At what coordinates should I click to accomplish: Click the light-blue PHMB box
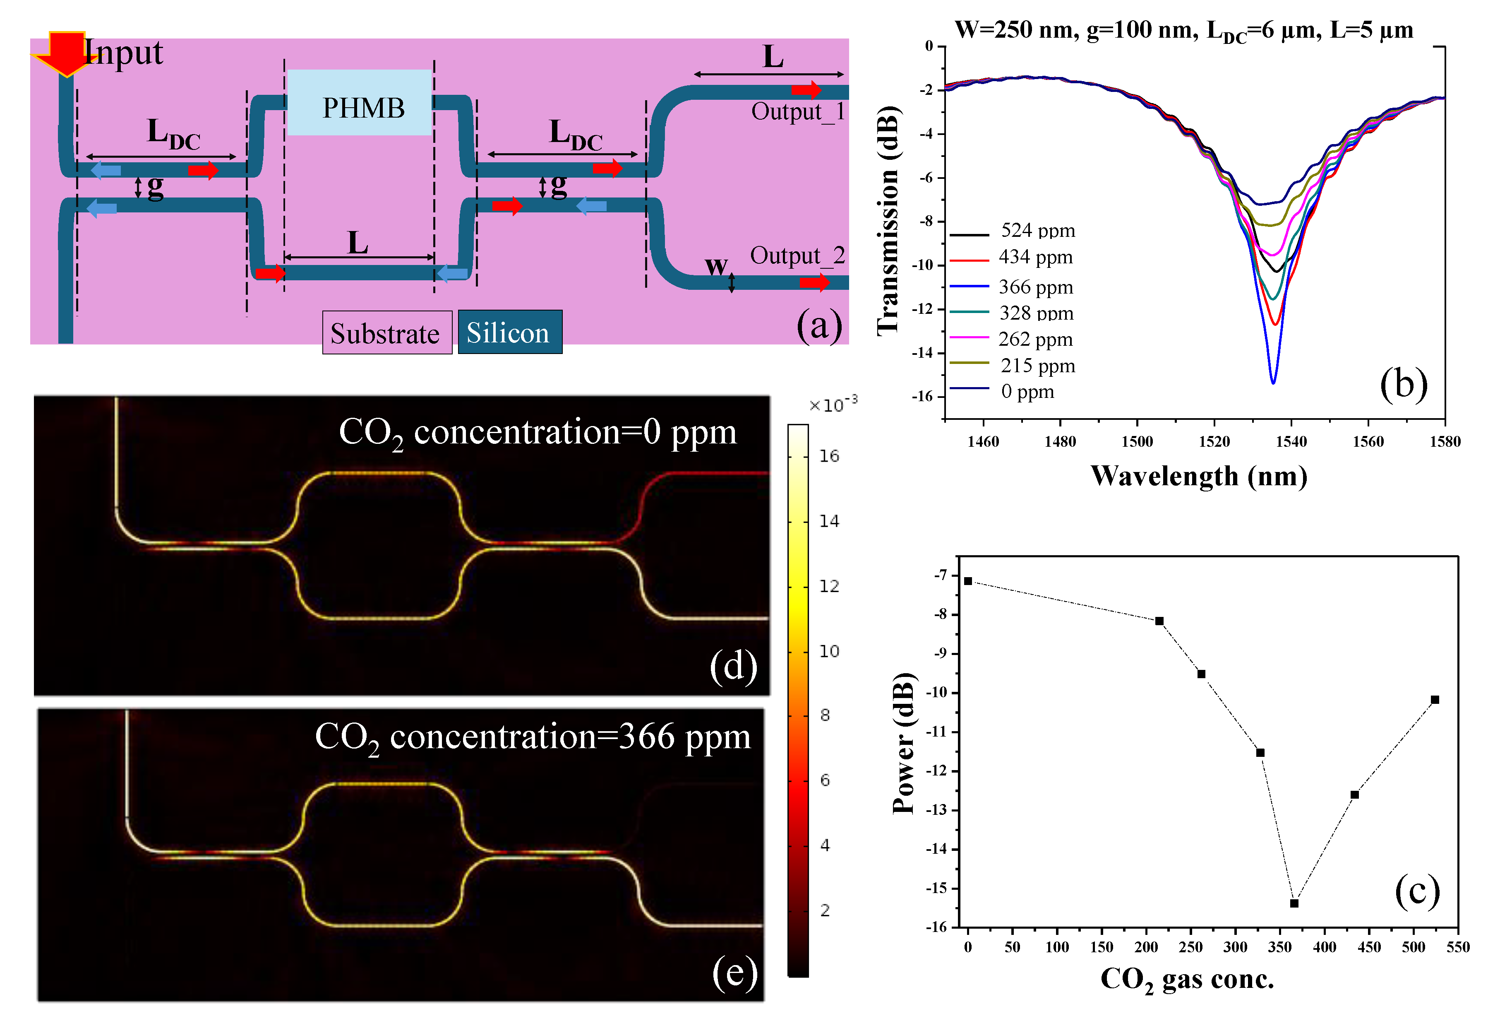point(360,103)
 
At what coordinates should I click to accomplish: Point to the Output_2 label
point(797,255)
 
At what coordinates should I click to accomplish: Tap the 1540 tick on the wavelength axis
point(1291,441)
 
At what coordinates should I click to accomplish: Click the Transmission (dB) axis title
point(889,221)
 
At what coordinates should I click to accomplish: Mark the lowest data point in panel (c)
point(1294,903)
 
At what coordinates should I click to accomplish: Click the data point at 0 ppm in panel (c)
point(968,581)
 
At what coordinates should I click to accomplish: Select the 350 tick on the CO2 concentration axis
point(1279,947)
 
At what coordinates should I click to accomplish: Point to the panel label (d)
point(733,666)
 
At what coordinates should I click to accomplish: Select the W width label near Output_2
point(716,265)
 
